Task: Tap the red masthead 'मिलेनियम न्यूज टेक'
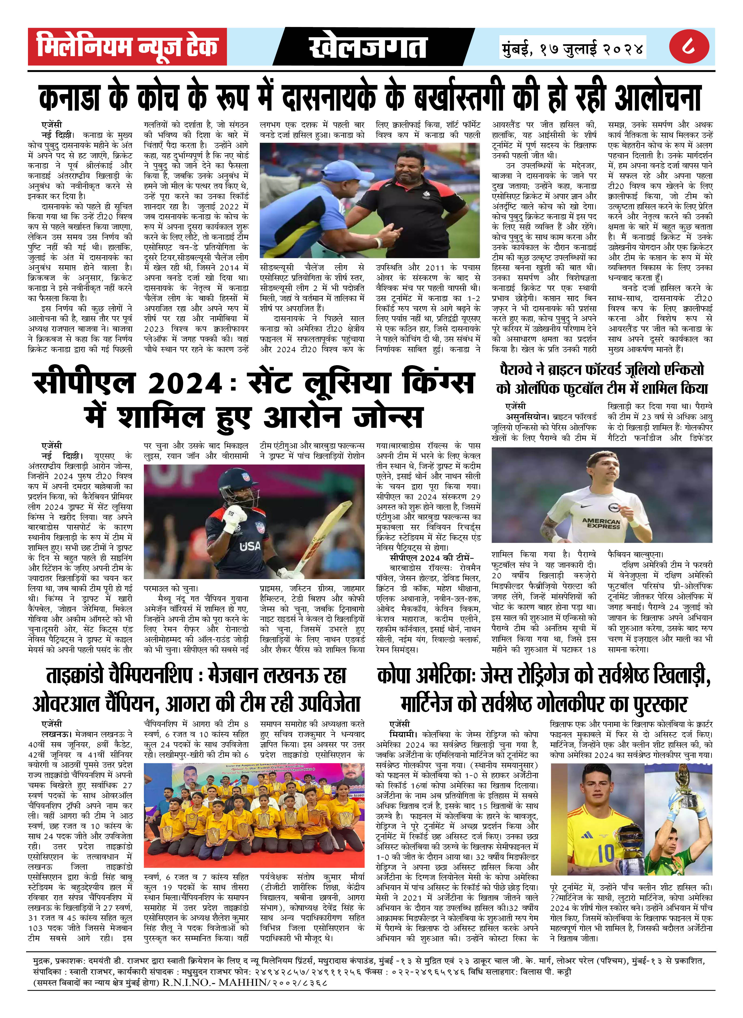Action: tap(127, 47)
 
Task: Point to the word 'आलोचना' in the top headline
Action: tap(657, 97)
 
